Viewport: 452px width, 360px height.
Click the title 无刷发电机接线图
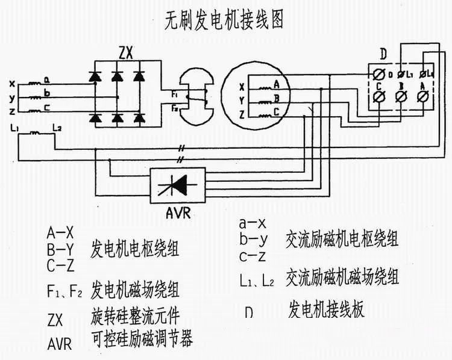(224, 20)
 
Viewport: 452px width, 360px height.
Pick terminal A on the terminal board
(423, 97)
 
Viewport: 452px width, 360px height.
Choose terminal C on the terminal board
(379, 97)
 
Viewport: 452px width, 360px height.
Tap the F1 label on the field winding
(174, 95)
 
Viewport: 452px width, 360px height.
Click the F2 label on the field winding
(174, 108)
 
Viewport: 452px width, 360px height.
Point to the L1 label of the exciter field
(16, 128)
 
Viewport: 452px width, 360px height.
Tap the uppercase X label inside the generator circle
(242, 86)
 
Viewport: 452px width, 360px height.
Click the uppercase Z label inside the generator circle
(242, 113)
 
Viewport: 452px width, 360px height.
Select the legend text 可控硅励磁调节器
(141, 340)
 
